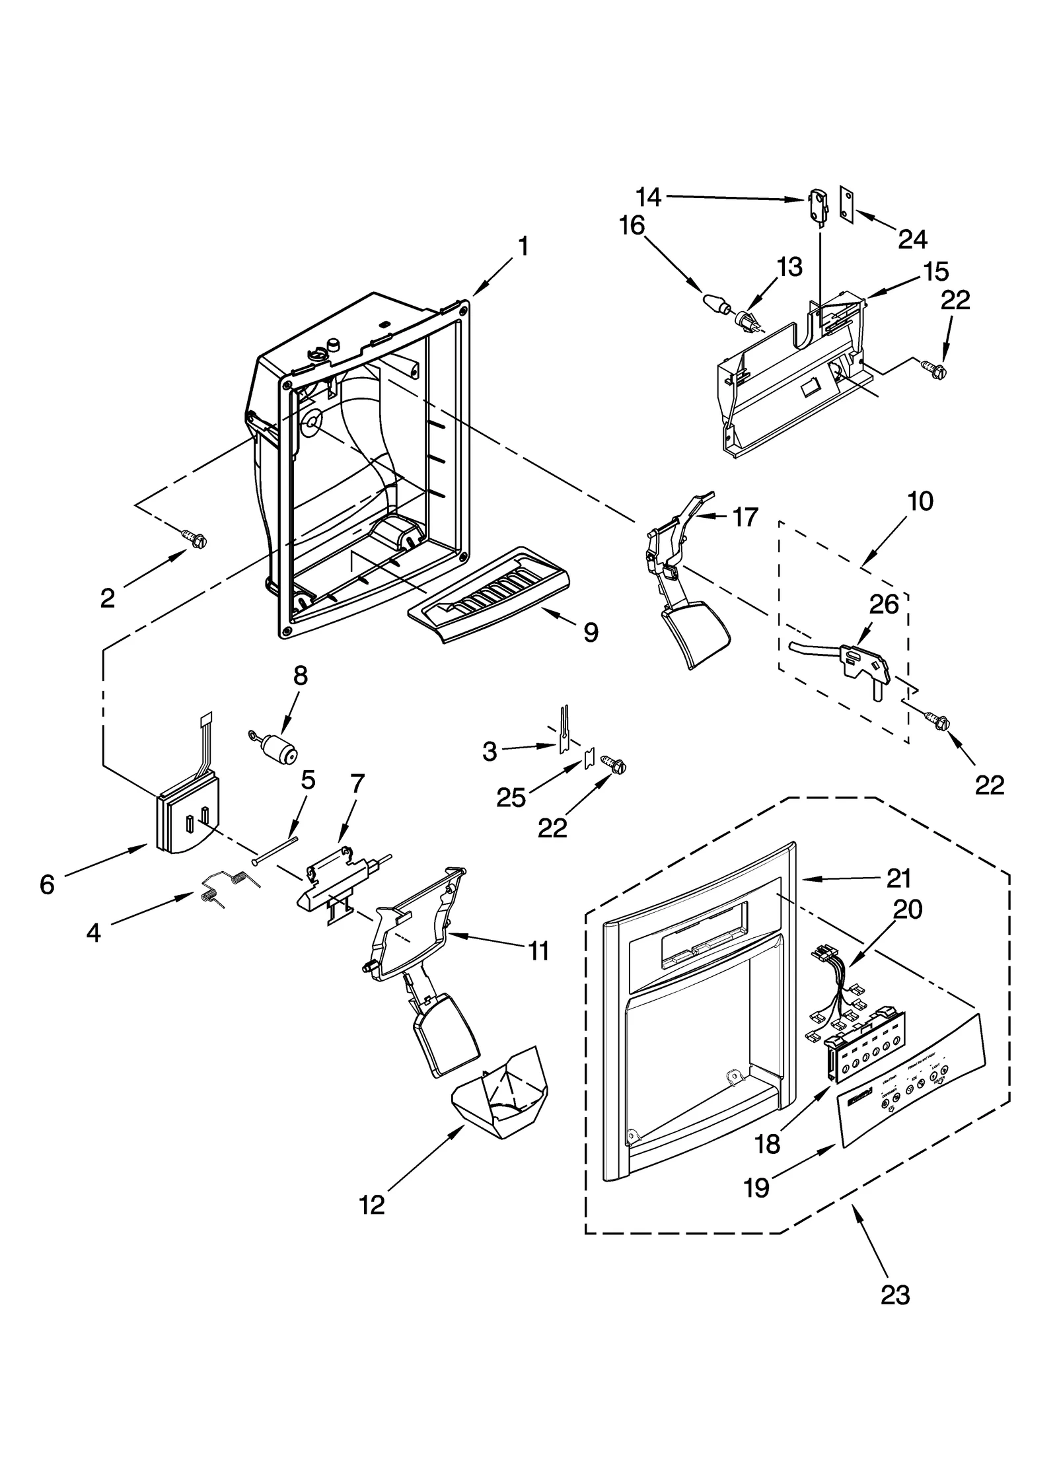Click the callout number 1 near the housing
click(x=523, y=246)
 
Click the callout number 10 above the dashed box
click(x=921, y=501)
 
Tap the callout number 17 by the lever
click(x=745, y=517)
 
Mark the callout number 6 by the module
click(x=46, y=884)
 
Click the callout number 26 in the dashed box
click(x=884, y=604)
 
